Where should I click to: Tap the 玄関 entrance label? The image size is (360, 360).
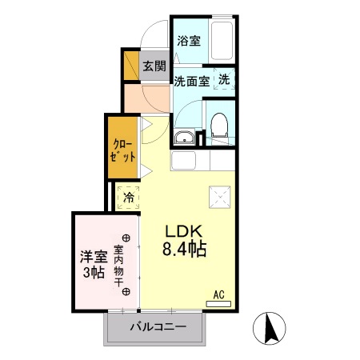click(x=154, y=66)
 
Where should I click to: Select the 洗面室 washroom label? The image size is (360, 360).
click(x=192, y=81)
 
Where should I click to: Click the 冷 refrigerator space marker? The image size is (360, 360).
click(x=128, y=196)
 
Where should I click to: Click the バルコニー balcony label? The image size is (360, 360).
click(x=158, y=327)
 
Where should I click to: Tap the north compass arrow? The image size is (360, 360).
click(x=270, y=328)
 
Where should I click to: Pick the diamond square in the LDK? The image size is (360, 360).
click(x=218, y=195)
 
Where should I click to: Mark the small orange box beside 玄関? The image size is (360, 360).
click(x=129, y=65)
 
